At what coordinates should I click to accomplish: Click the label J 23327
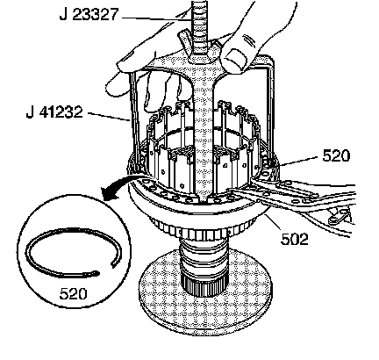click(89, 14)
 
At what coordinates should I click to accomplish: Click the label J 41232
click(54, 112)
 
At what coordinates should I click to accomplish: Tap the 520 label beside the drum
click(336, 155)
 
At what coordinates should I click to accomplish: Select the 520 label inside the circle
click(73, 293)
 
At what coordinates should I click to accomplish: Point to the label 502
click(295, 239)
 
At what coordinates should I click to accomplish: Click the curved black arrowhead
click(109, 193)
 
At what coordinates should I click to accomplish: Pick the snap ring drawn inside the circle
click(73, 252)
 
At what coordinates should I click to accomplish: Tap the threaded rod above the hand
click(200, 26)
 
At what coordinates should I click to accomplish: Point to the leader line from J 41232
click(108, 116)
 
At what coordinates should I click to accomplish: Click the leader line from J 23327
click(157, 18)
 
